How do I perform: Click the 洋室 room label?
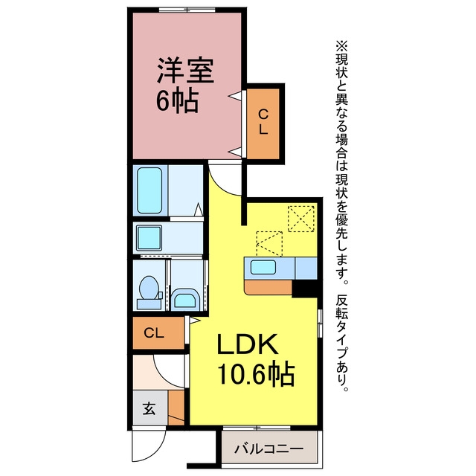185,71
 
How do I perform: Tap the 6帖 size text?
177,101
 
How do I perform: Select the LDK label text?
248,344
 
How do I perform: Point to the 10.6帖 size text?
256,373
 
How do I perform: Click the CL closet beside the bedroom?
263,123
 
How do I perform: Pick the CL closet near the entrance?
158,333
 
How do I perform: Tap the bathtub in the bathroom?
149,190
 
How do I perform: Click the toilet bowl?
149,289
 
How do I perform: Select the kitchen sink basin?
263,268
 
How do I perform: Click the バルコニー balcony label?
269,448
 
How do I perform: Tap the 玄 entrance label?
149,408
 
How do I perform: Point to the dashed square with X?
300,219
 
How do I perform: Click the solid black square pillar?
304,289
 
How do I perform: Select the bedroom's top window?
187,10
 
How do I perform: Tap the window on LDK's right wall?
320,324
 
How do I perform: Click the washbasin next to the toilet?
185,299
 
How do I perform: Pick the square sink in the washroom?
149,238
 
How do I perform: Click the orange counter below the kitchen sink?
268,288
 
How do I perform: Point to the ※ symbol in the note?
342,46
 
